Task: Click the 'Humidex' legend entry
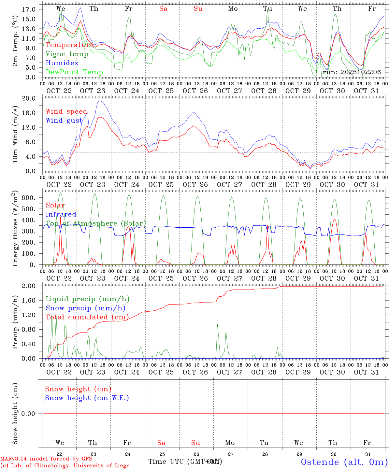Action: point(62,63)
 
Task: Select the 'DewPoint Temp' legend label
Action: point(74,72)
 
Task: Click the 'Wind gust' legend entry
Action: point(64,121)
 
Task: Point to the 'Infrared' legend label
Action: point(61,214)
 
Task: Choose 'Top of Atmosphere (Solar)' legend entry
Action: point(96,223)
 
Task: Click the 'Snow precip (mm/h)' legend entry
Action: point(85,308)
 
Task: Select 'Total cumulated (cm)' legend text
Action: point(87,317)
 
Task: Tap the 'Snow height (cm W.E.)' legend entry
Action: point(87,398)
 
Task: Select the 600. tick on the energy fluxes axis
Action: point(28,198)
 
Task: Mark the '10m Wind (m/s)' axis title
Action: point(15,135)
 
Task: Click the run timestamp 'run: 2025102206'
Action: point(352,72)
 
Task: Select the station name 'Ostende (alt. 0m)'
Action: point(344,462)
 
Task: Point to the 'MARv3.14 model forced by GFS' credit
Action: point(46,459)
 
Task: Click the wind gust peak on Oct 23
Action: point(100,101)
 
